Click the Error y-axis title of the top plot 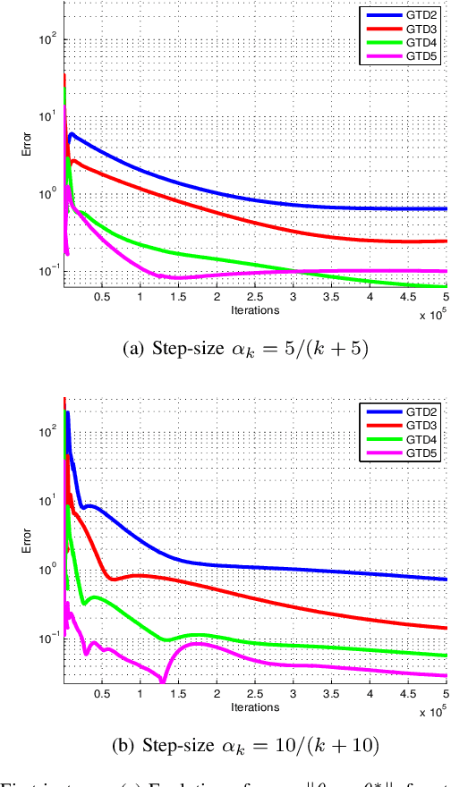coord(28,145)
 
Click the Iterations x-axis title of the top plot coord(255,310)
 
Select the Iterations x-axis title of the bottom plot coord(255,706)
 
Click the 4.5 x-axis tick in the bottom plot coord(409,693)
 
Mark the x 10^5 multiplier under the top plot coord(431,315)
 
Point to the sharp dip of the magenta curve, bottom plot coord(163,681)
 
